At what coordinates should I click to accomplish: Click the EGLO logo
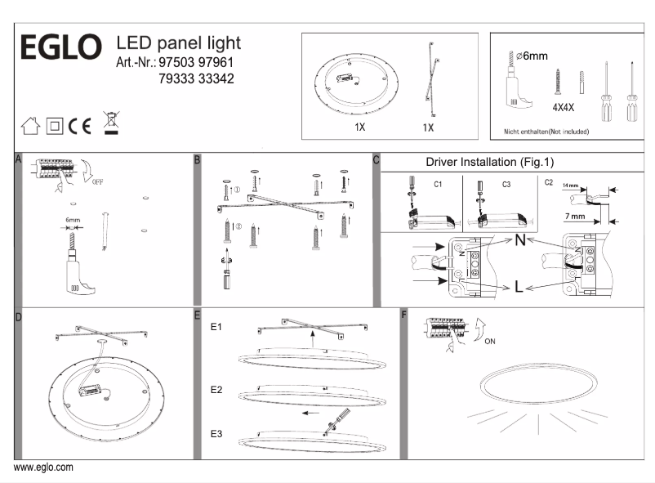tap(60, 47)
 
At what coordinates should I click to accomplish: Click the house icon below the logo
tap(29, 126)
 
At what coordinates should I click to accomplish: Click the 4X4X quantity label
tap(564, 107)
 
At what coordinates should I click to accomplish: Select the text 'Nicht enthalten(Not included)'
tap(546, 131)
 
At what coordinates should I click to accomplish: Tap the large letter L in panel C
tap(519, 286)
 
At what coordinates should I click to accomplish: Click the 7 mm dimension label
tap(576, 216)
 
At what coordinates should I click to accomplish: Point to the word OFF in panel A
tap(98, 181)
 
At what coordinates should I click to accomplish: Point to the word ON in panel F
tap(488, 342)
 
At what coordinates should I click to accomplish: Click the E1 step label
tap(217, 327)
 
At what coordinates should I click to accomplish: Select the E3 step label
tap(217, 433)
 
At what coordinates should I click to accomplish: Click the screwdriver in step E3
tap(331, 424)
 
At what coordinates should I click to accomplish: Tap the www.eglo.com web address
tap(44, 467)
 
